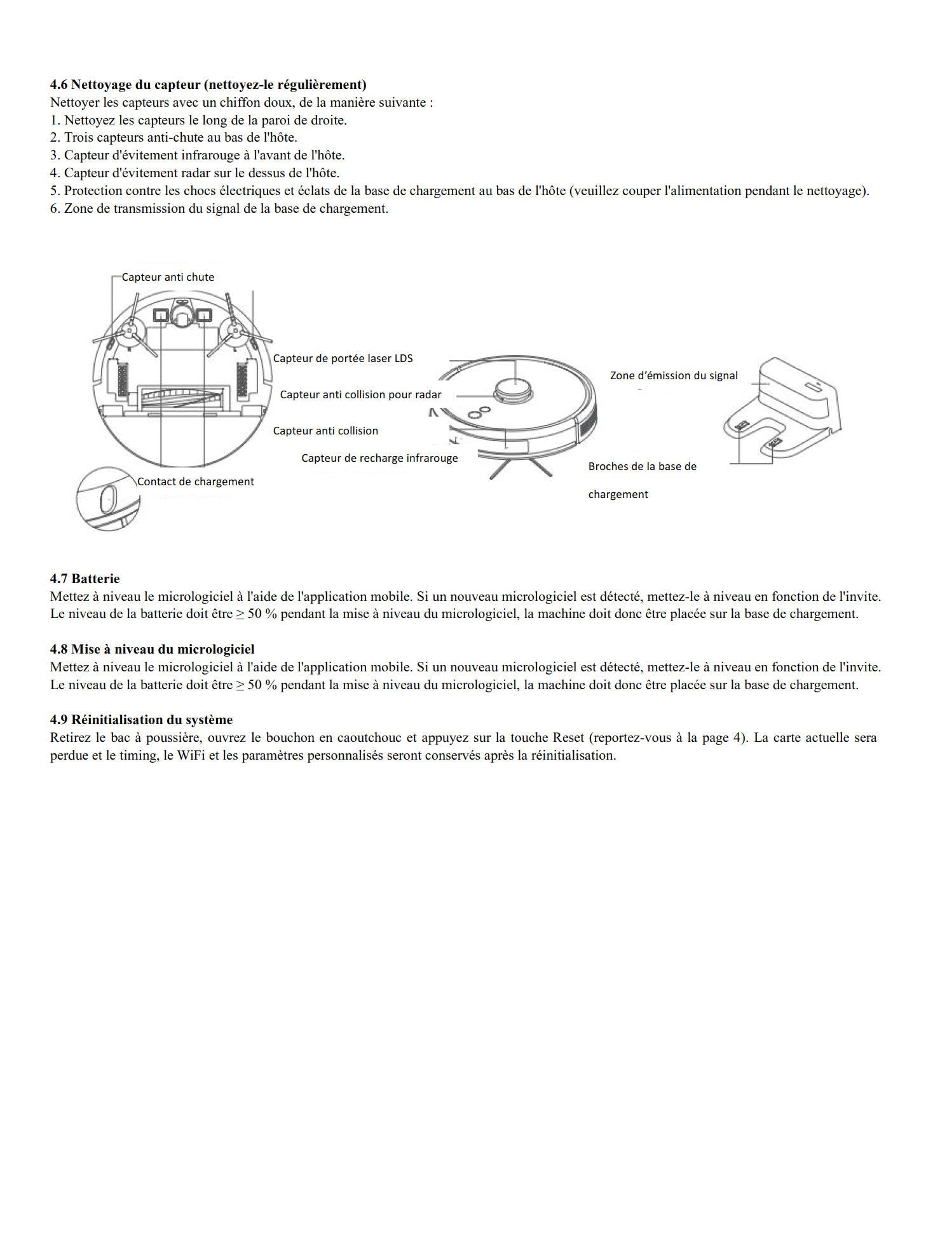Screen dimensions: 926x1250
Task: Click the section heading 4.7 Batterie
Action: (85, 579)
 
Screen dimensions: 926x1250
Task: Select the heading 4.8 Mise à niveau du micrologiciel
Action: (153, 649)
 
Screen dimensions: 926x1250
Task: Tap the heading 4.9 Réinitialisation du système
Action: (142, 720)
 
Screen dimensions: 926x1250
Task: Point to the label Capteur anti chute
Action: (168, 277)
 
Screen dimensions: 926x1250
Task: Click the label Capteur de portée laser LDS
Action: (343, 358)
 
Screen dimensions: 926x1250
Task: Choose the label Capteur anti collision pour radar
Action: (360, 394)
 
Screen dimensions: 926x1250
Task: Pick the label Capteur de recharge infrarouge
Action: (379, 458)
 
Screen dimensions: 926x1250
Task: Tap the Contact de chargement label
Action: (196, 481)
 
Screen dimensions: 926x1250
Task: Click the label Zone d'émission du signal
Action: (674, 375)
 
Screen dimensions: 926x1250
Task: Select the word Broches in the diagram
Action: (608, 466)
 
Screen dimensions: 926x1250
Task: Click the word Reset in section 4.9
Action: (568, 737)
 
